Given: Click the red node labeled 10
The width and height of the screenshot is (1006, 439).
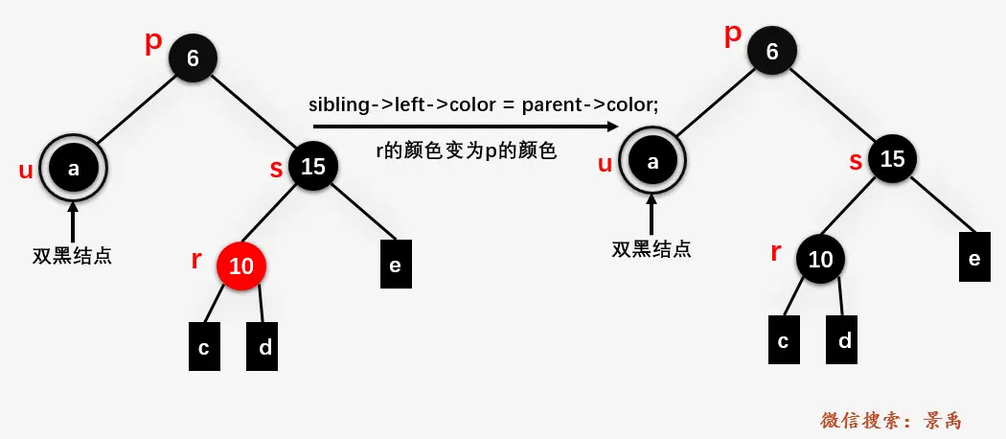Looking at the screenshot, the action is coord(240,266).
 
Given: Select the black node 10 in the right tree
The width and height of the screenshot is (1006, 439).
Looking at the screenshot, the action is coord(820,260).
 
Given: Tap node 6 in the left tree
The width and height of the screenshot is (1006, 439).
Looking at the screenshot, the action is coord(193,58).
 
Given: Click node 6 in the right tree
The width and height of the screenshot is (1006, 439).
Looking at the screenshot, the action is coord(772,52).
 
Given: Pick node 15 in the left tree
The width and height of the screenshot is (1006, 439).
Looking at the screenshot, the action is coord(313,167).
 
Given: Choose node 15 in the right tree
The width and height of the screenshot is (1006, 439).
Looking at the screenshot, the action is coord(892,158).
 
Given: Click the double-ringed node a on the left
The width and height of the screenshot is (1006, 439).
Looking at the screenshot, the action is coord(74,169).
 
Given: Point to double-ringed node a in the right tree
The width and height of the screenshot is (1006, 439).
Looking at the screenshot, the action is coord(653,162).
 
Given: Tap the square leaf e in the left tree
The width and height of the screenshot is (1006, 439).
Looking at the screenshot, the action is coord(395,264).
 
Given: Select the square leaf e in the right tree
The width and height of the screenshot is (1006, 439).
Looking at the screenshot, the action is coord(974,257).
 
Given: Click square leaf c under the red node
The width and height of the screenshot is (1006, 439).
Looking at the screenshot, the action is coord(204,346).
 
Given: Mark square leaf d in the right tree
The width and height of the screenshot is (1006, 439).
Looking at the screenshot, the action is coord(845,339).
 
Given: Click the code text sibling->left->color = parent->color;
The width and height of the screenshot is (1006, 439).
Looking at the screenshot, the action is coord(483,104).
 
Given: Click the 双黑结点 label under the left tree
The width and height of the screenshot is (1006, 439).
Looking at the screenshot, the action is coord(72,256).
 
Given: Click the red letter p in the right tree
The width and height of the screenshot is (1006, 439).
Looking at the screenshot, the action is coord(733,35).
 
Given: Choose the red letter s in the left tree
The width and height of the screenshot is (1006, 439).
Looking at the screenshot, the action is coord(275,169).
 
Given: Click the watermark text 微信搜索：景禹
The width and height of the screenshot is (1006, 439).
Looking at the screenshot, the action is coord(890,420).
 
